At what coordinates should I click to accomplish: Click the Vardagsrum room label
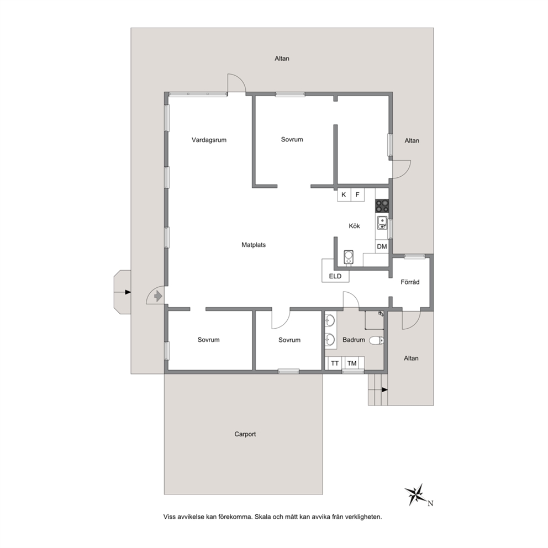click(209, 140)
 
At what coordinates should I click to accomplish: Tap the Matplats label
click(254, 245)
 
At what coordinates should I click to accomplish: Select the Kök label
click(355, 226)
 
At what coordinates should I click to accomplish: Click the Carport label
click(245, 434)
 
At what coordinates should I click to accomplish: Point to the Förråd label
click(410, 282)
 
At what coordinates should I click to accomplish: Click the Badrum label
click(354, 340)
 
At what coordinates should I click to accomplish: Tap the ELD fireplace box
click(335, 271)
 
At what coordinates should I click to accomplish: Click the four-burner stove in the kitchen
click(382, 206)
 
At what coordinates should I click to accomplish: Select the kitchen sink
click(382, 223)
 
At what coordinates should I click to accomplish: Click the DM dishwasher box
click(382, 246)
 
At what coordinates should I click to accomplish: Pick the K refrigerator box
click(344, 194)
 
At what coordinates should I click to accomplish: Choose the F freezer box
click(357, 194)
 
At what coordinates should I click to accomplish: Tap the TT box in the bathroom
click(335, 363)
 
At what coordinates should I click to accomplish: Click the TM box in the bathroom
click(352, 363)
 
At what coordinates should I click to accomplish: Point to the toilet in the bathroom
click(376, 340)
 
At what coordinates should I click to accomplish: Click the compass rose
click(415, 494)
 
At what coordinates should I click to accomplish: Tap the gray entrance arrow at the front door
click(159, 296)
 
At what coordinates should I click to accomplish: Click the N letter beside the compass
click(430, 504)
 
